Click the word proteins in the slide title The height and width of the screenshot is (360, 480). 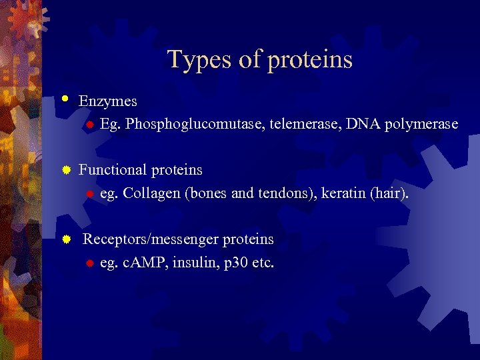coord(310,60)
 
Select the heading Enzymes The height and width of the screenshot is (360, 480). coord(108,101)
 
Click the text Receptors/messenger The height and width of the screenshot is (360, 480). coord(151,239)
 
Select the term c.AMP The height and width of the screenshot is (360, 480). coord(145,263)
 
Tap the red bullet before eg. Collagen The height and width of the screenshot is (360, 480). coord(88,194)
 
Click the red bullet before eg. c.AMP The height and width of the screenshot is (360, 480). coord(88,263)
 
